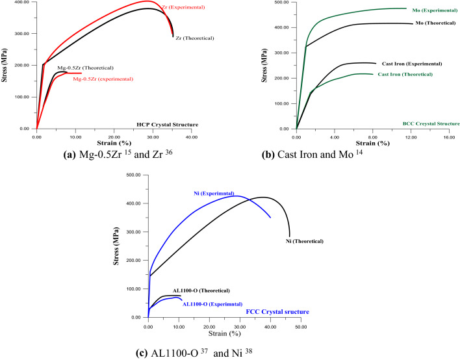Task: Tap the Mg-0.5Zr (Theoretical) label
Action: pyautogui.click(x=84, y=68)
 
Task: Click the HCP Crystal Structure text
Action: pyautogui.click(x=167, y=124)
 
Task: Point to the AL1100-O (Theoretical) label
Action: pyautogui.click(x=201, y=290)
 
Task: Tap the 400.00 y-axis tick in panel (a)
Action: pyautogui.click(x=20, y=3)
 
